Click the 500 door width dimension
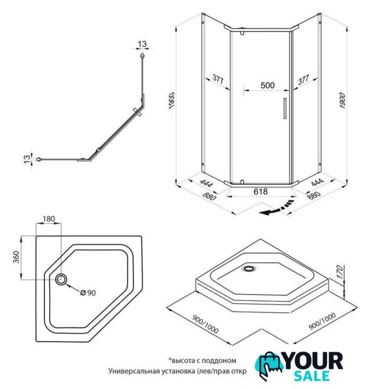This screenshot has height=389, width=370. click(267, 85)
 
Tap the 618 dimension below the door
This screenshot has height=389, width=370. click(261, 191)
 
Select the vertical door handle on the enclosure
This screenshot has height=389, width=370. click(285, 108)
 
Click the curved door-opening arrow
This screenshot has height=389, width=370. click(277, 208)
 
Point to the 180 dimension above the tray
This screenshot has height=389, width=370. click(49, 219)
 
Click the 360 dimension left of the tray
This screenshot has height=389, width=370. click(16, 257)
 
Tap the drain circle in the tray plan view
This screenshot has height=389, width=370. click(61, 280)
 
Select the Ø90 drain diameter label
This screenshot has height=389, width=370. click(88, 293)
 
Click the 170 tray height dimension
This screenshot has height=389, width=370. click(340, 272)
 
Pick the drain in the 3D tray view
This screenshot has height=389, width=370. click(249, 268)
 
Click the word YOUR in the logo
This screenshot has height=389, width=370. click(313, 361)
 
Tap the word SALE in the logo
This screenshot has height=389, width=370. click(312, 376)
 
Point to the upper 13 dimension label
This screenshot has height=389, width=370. click(142, 44)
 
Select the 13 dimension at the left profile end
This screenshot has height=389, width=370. click(27, 159)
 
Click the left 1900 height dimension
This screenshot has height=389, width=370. click(171, 101)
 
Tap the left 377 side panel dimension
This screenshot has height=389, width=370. click(218, 79)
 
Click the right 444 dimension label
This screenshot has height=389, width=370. click(317, 182)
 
